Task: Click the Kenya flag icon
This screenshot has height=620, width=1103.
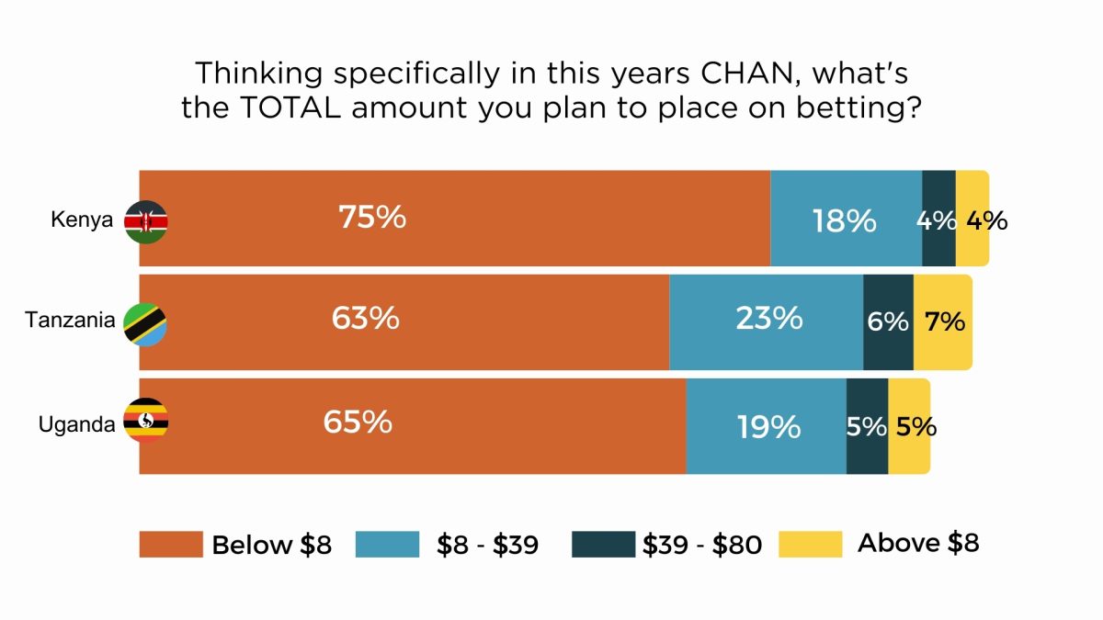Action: tap(145, 221)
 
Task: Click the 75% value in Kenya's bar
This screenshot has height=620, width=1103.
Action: tap(371, 218)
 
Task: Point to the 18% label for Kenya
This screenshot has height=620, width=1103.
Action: tap(844, 221)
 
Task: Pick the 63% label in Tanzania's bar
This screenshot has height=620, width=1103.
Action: tap(365, 319)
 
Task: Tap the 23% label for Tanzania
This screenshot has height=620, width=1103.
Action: tap(768, 319)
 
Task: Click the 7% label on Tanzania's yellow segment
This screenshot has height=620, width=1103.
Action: tap(945, 321)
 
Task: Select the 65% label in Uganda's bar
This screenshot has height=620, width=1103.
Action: tap(357, 422)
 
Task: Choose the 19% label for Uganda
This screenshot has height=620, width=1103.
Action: tap(768, 426)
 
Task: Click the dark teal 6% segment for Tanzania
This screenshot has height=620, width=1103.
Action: tap(888, 321)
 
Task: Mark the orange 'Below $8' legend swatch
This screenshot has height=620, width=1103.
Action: tap(170, 544)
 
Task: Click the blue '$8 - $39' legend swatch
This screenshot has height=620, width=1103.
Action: tap(388, 544)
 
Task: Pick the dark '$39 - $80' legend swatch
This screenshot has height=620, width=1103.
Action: tap(603, 544)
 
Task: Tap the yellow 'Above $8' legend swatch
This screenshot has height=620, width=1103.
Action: tap(810, 544)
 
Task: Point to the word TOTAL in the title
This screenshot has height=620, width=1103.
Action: tap(300, 107)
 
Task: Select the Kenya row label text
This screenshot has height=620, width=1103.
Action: tap(81, 220)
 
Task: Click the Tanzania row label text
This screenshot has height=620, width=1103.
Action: tap(70, 321)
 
